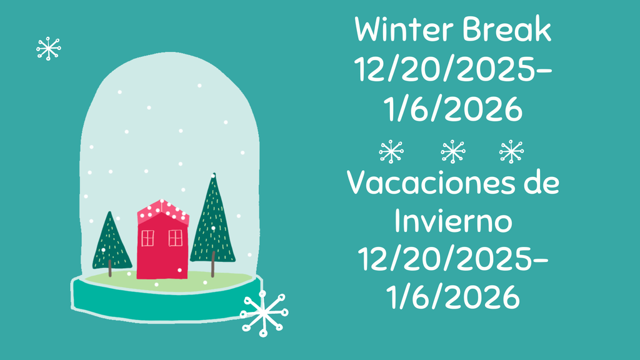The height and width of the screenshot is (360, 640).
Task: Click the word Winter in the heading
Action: click(404, 31)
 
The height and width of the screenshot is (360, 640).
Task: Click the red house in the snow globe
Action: click(162, 250)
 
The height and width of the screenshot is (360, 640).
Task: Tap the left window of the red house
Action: click(147, 237)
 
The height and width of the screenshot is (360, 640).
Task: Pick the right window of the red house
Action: click(176, 237)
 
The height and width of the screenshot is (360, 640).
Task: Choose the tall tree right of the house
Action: click(213, 222)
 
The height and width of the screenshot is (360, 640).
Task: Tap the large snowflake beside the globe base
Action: click(264, 312)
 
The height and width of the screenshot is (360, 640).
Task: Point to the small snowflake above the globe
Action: click(48, 48)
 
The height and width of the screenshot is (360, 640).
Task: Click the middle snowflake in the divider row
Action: click(452, 151)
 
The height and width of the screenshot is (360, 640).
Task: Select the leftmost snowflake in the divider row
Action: click(391, 151)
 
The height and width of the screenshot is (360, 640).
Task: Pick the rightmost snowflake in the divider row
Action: click(512, 151)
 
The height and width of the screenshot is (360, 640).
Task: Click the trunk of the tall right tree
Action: click(213, 268)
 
